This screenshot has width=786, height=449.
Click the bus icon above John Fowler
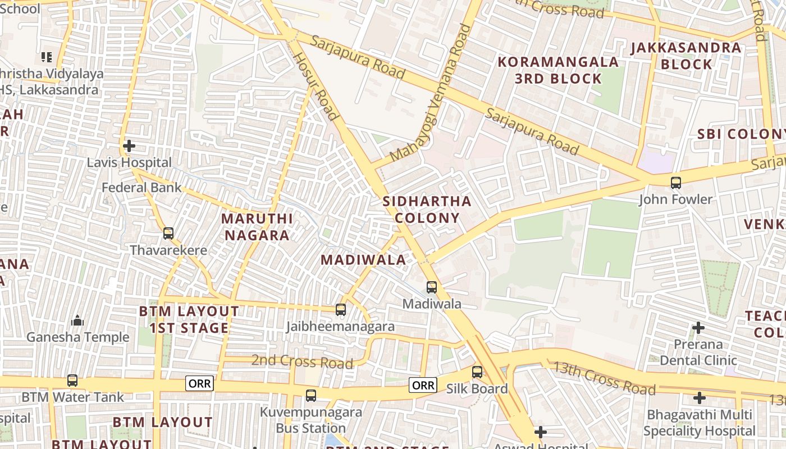675,182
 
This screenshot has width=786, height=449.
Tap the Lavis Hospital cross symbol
129,146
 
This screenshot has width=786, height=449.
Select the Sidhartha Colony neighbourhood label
427,209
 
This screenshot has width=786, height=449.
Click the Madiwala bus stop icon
431,287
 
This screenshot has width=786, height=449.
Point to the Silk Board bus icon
477,372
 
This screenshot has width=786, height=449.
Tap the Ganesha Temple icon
77,320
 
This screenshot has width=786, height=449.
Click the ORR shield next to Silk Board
423,384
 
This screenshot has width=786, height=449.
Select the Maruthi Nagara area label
257,227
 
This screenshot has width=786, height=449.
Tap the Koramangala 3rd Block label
558,70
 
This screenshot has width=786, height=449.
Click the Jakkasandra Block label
686,56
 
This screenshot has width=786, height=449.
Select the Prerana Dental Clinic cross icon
698,327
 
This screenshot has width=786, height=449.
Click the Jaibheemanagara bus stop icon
340,309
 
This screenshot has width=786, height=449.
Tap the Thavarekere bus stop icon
168,233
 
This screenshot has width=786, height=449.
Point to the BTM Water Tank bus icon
72,380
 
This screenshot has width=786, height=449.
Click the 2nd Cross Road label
301,361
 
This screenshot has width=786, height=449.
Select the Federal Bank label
141,187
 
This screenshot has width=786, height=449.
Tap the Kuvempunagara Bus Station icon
311,395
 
